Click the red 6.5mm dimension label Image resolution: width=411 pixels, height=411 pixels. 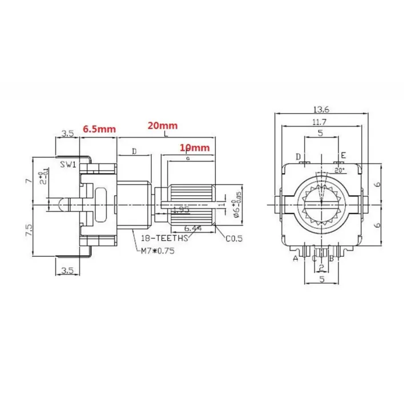pyautogui.click(x=100, y=129)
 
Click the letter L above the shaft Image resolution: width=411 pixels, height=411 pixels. pyautogui.click(x=166, y=135)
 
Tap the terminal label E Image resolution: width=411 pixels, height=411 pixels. pyautogui.click(x=343, y=156)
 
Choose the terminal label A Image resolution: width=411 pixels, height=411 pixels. pyautogui.click(x=296, y=259)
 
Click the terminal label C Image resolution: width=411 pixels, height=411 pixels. pyautogui.click(x=314, y=259)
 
